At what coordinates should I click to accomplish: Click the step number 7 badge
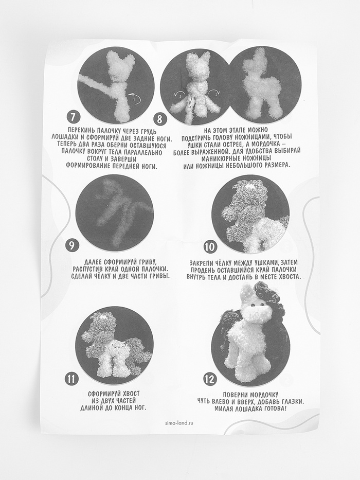coord(73,117)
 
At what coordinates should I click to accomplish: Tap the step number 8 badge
coord(160,118)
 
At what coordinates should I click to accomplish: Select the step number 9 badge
coord(72,245)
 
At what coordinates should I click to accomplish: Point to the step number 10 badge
coord(210,247)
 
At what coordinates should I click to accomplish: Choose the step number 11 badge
coord(71,379)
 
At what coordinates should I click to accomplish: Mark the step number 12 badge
coord(210,380)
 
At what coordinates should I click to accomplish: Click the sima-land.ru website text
coord(179,423)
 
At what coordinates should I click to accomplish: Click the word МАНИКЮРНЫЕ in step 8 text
coord(219,158)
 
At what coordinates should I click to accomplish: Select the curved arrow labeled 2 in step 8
coord(214,93)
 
